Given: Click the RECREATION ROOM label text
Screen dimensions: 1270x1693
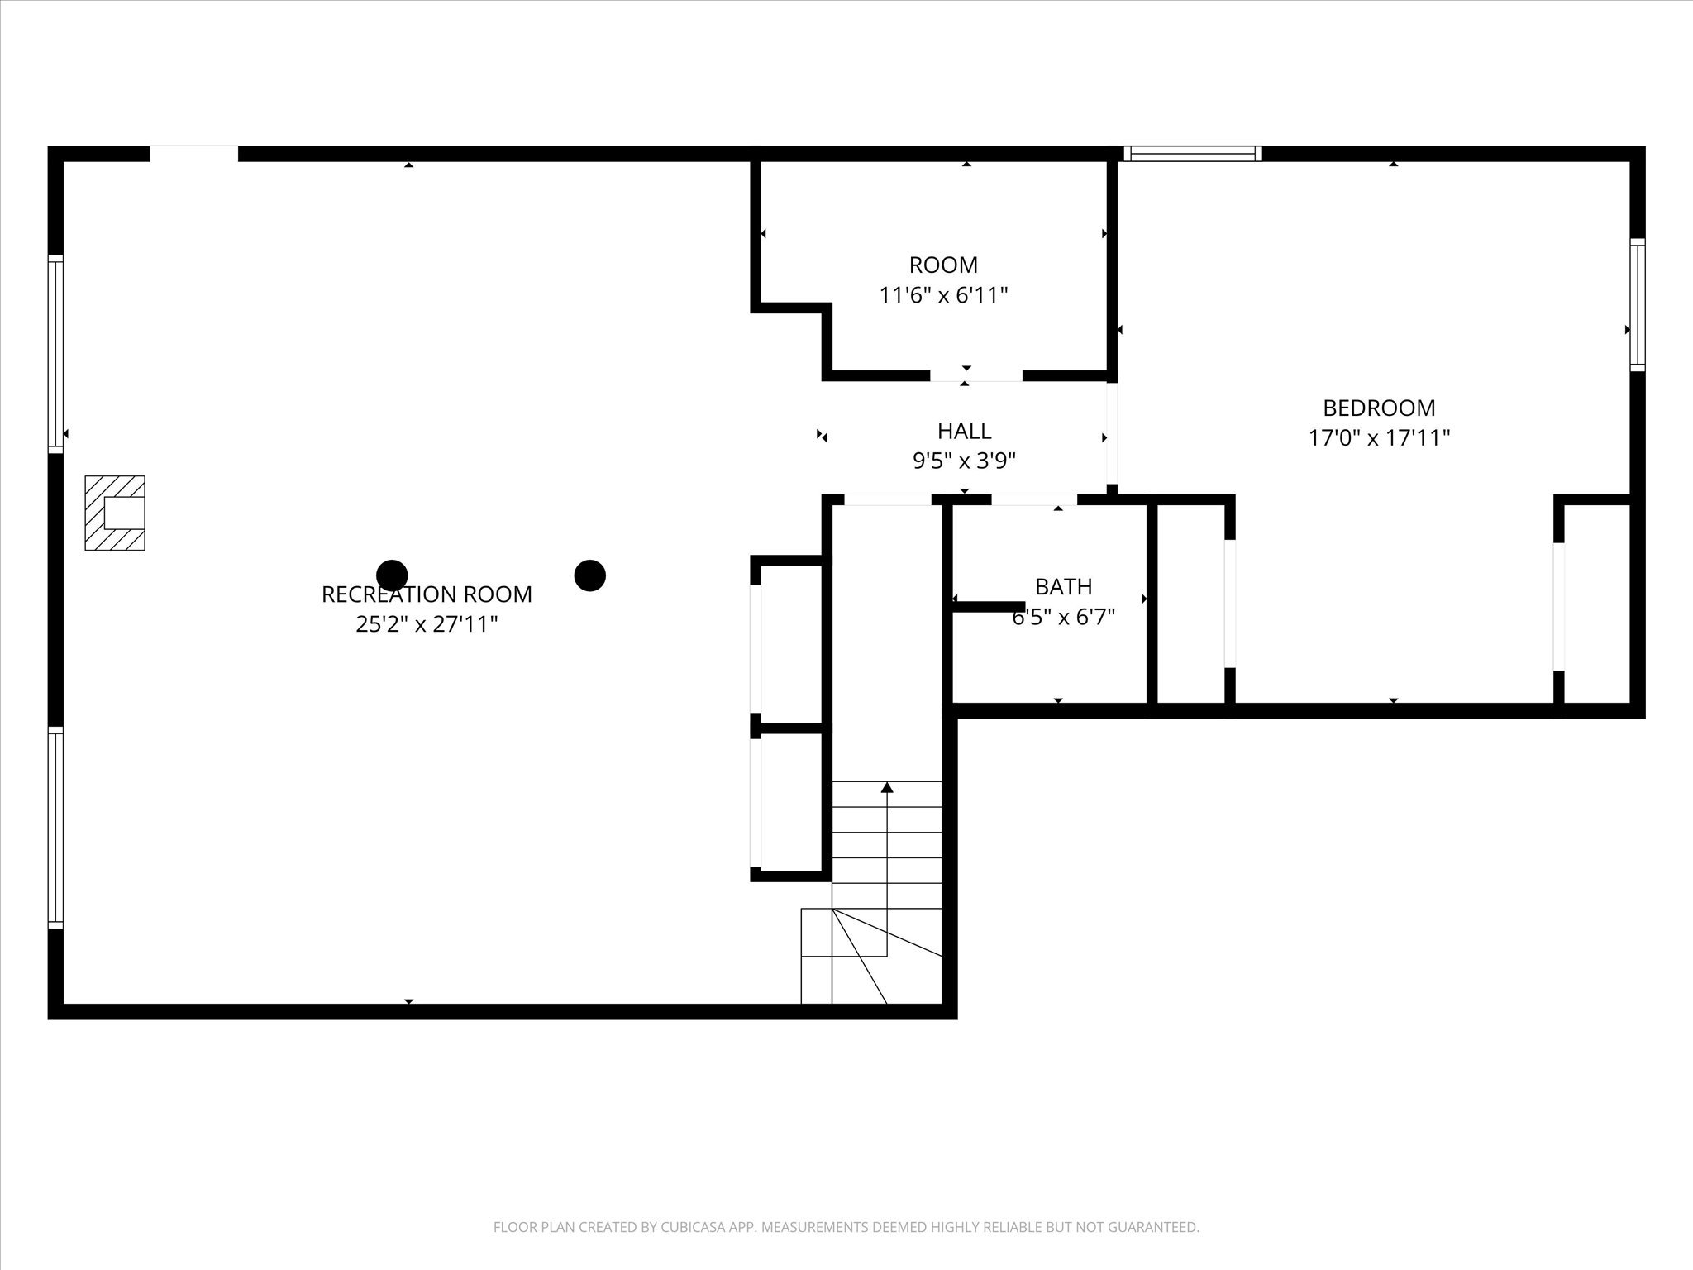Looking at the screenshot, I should (427, 594).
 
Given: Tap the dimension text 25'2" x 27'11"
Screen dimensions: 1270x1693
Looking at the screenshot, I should (427, 624).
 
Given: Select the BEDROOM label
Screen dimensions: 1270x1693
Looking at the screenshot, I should (1379, 408).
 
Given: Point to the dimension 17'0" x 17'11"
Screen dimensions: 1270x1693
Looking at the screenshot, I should (1379, 437).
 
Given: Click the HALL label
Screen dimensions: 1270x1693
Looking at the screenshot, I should (964, 431).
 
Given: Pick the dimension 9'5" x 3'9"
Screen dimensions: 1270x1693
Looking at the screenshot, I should (964, 461).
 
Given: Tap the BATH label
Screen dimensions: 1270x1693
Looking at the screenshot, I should (1063, 587).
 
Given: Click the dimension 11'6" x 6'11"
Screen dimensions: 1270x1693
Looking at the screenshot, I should (943, 295).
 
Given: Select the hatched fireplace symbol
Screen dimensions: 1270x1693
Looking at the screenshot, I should (115, 513).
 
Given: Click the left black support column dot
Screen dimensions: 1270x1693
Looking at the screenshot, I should (392, 575).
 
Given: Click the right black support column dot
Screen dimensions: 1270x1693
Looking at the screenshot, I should (590, 575).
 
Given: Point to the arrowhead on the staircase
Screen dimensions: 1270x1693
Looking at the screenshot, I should (887, 787).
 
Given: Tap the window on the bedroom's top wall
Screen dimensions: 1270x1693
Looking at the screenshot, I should (1192, 153).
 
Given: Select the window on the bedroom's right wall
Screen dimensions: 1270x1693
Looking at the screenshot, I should (1637, 304).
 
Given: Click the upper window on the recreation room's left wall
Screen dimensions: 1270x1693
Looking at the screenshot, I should (55, 354).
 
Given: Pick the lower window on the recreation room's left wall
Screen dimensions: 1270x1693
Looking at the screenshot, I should (55, 827).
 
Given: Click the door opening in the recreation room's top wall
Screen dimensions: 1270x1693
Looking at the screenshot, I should (193, 153).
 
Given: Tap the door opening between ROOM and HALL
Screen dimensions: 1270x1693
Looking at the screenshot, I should (975, 376).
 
